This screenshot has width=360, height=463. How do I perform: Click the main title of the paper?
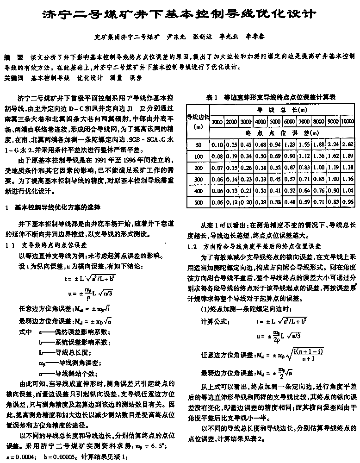pos(180,14)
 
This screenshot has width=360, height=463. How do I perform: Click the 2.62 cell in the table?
pos(348,145)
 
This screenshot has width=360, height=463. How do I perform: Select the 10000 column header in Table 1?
pos(347,121)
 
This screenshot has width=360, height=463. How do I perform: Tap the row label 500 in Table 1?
pos(199,202)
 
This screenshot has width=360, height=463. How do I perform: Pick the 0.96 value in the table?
pos(348,202)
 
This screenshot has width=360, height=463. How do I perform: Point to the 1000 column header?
pos(217,121)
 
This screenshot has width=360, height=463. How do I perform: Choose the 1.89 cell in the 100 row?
pos(348,156)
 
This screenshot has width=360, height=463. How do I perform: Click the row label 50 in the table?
pos(199,145)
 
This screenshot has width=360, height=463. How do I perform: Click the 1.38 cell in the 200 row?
pos(348,168)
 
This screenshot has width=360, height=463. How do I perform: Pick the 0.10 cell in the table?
pos(217,145)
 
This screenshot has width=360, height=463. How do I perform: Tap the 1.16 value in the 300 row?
pos(348,179)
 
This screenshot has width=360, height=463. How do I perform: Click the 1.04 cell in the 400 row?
pos(348,191)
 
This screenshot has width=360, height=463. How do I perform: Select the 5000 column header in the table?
pos(275,121)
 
